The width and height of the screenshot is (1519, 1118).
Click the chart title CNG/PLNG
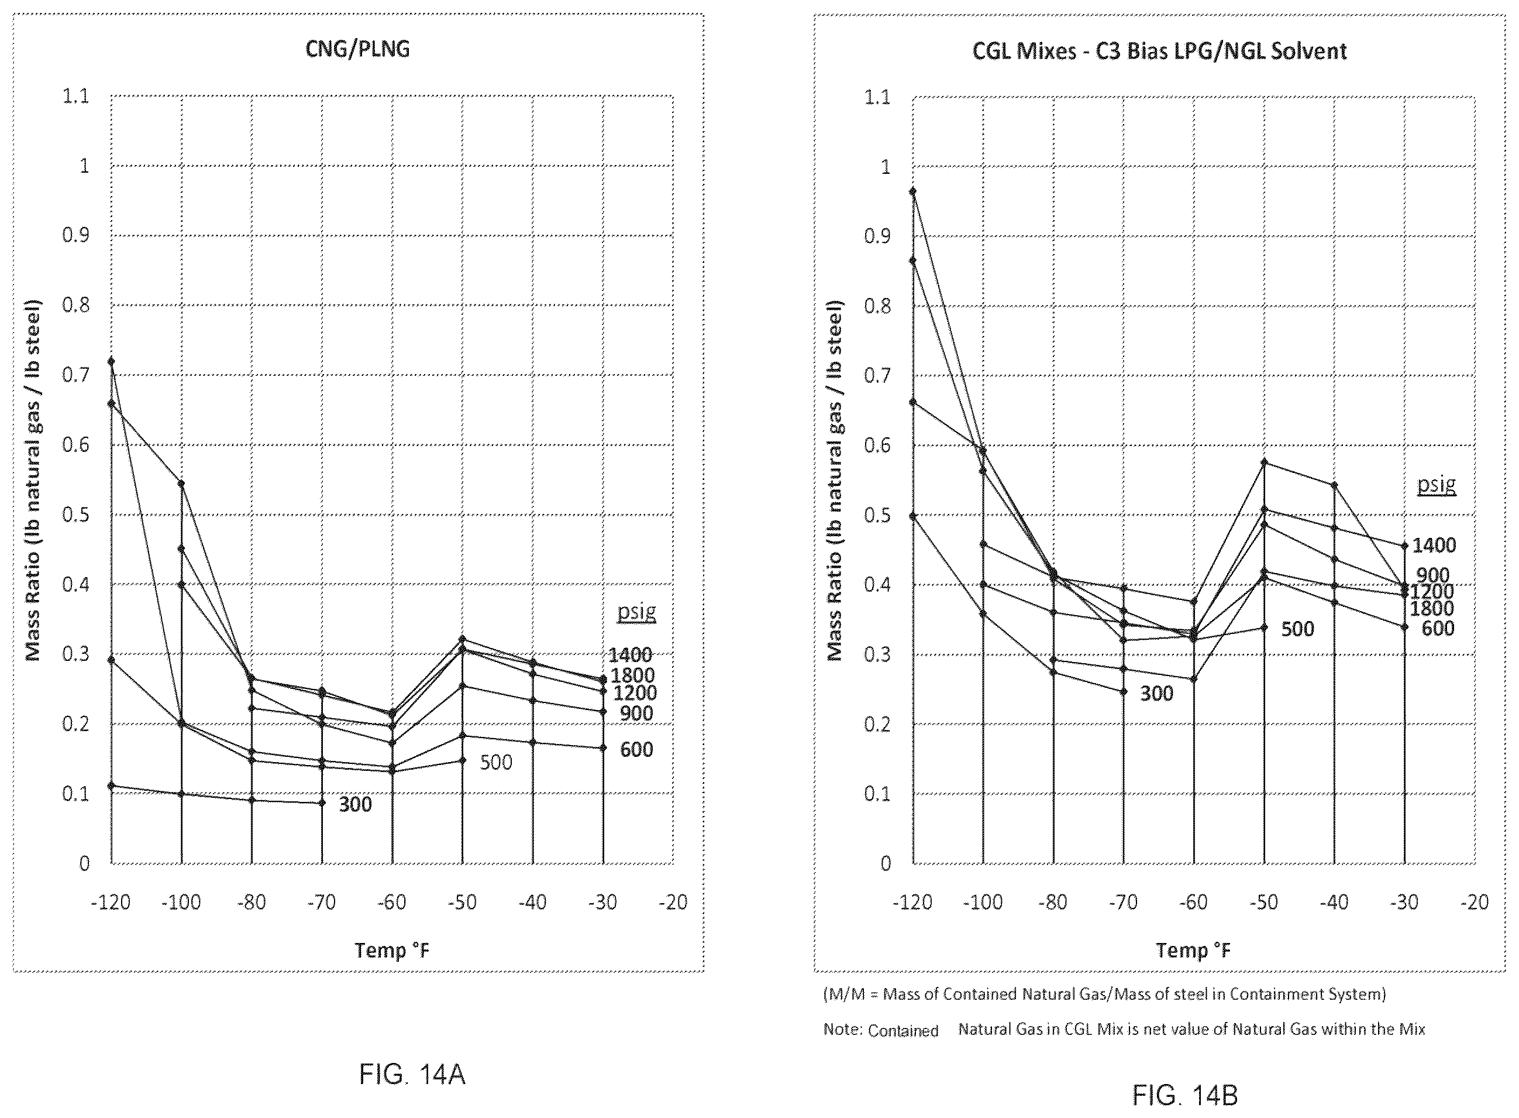pyautogui.click(x=358, y=49)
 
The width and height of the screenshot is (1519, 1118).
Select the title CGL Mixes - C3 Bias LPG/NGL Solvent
pyautogui.click(x=1159, y=52)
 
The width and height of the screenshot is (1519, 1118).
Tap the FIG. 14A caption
pyautogui.click(x=412, y=1075)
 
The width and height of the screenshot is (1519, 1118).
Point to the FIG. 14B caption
pyautogui.click(x=1185, y=1095)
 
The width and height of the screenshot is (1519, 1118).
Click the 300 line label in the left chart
pyautogui.click(x=355, y=805)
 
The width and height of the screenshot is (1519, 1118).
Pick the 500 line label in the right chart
pyautogui.click(x=1297, y=629)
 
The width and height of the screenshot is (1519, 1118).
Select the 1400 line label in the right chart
pyautogui.click(x=1434, y=546)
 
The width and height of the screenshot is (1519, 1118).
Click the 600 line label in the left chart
pyautogui.click(x=636, y=750)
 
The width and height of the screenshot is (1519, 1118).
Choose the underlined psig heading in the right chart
pyautogui.click(x=1437, y=485)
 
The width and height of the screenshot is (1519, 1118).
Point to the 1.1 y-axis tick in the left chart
pyautogui.click(x=76, y=96)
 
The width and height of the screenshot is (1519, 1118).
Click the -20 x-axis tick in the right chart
pyautogui.click(x=1475, y=902)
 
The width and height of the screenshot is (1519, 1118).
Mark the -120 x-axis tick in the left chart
pyautogui.click(x=111, y=902)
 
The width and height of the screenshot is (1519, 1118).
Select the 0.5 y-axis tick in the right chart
pyautogui.click(x=877, y=516)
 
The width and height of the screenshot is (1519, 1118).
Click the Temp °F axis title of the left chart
pyautogui.click(x=392, y=950)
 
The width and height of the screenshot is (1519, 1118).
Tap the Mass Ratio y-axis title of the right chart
pyautogui.click(x=835, y=481)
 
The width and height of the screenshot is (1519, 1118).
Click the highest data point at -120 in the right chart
pyautogui.click(x=913, y=191)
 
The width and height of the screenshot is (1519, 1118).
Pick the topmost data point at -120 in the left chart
pyautogui.click(x=112, y=361)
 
